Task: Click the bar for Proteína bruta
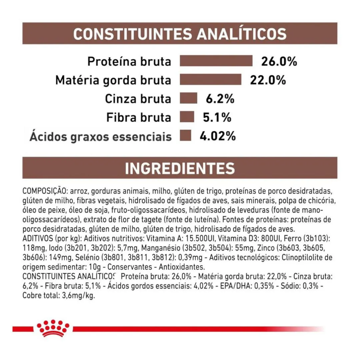click(216, 61)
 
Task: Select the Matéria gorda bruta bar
click(210, 80)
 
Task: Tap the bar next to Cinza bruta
click(188, 99)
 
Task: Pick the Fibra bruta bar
click(187, 117)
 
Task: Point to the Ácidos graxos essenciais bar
click(185, 136)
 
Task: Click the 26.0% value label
click(279, 62)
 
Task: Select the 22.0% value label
click(268, 80)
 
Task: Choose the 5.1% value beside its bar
click(217, 118)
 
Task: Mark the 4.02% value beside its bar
click(218, 136)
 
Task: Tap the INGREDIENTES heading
click(180, 169)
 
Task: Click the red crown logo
click(53, 328)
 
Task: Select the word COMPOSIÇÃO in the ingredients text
click(44, 192)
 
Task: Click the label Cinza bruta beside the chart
click(138, 99)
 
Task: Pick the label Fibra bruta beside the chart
click(139, 118)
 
